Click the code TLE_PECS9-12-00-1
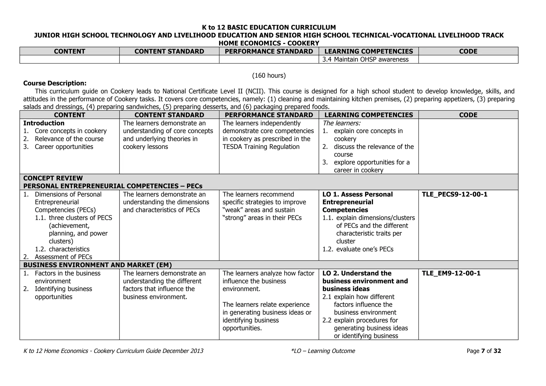(x=455, y=194)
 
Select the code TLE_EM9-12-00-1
(x=451, y=273)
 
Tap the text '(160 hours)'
(x=269, y=76)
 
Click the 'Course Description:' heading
(x=55, y=83)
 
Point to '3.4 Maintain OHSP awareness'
(x=365, y=59)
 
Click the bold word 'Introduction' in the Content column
(x=44, y=123)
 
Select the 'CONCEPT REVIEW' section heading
(x=53, y=178)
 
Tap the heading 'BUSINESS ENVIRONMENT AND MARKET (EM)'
(x=98, y=265)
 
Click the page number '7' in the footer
(x=483, y=351)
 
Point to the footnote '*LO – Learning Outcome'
(x=323, y=351)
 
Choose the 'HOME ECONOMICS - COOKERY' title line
(x=269, y=43)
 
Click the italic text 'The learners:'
(x=342, y=123)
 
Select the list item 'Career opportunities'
(x=64, y=147)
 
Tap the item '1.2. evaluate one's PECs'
(x=358, y=249)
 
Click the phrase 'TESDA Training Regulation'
(x=261, y=147)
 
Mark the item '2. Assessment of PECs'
(x=58, y=257)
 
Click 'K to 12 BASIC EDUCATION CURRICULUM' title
(x=269, y=27)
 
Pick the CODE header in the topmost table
(x=468, y=51)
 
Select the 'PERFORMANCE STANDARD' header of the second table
(x=269, y=115)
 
